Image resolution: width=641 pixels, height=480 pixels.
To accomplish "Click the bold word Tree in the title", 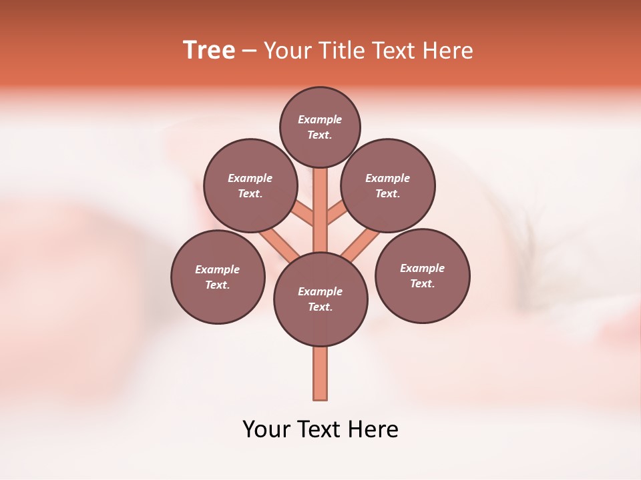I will click(x=209, y=50).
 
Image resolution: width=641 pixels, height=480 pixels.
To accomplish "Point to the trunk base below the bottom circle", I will click(x=320, y=373).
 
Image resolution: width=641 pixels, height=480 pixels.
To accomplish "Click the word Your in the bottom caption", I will click(x=265, y=429).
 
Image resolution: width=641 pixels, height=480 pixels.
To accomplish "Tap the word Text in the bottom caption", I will click(x=318, y=429).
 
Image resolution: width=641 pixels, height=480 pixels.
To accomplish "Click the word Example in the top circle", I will click(x=320, y=119).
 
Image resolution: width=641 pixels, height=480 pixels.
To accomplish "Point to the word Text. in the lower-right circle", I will click(x=422, y=283).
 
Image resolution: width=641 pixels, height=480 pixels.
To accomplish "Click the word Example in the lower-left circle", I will click(x=217, y=269).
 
